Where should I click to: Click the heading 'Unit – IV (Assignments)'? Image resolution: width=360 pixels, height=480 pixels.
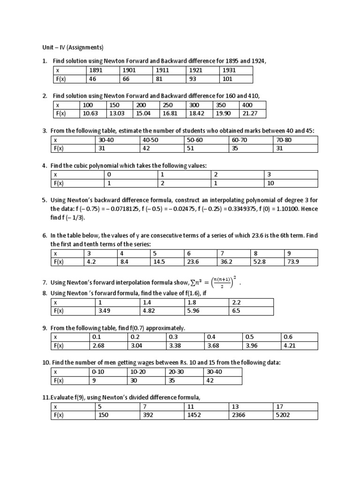pyautogui.click(x=70, y=47)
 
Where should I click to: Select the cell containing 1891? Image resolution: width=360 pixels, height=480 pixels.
pyautogui.click(x=95, y=70)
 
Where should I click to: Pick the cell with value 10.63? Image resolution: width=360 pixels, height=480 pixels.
pyautogui.click(x=90, y=113)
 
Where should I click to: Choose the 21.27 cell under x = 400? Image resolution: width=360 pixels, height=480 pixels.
pyautogui.click(x=247, y=113)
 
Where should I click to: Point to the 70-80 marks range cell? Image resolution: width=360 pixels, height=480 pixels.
pyautogui.click(x=285, y=140)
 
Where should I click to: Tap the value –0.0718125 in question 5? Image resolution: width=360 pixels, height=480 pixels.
pyautogui.click(x=114, y=209)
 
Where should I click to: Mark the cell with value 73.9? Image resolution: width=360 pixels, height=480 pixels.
pyautogui.click(x=293, y=262)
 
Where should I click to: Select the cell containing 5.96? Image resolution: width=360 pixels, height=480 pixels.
pyautogui.click(x=194, y=310)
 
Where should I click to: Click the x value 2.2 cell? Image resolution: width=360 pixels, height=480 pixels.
pyautogui.click(x=236, y=302)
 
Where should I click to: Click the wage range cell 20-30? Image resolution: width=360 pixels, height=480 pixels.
pyautogui.click(x=175, y=371)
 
